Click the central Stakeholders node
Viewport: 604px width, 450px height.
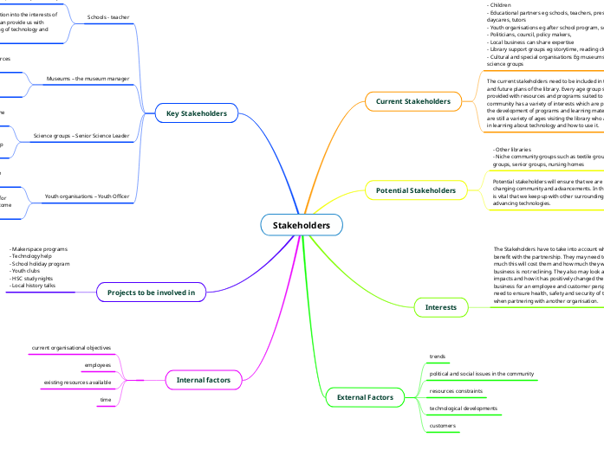[302, 226]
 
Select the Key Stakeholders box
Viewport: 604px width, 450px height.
[196, 113]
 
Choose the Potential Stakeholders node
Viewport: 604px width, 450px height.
[416, 190]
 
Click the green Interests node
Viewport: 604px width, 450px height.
[440, 307]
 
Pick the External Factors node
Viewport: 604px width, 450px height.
[365, 397]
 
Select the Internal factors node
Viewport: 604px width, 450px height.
[204, 379]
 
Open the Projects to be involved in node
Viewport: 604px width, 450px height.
[151, 292]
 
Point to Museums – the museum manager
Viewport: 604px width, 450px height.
[88, 79]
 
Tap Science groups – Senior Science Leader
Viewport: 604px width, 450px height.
[81, 137]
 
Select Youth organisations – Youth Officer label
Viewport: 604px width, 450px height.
[87, 196]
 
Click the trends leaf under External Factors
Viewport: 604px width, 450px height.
[438, 357]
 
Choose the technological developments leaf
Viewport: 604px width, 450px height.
[463, 408]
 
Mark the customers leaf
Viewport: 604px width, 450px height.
[443, 425]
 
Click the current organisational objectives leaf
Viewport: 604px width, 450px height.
[71, 347]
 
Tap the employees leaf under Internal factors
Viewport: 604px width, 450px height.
[98, 365]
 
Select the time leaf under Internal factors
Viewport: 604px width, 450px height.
[106, 400]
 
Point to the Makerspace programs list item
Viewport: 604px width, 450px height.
[39, 249]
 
